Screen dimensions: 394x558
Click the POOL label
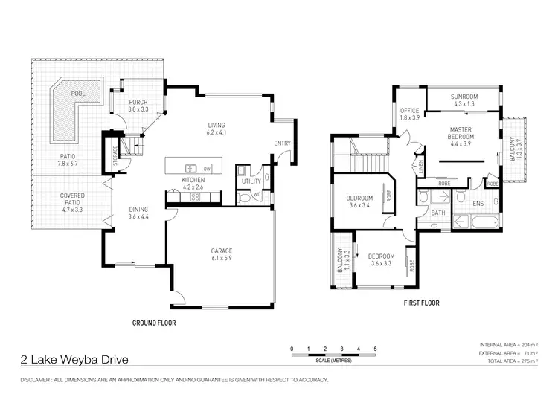point(78,94)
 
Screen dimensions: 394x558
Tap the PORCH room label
point(138,103)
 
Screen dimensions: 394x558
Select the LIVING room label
point(217,125)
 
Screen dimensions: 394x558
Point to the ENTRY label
point(283,143)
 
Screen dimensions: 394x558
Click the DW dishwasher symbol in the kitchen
point(208,167)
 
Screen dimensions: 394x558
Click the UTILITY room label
point(251,181)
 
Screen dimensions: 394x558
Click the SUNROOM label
point(464,97)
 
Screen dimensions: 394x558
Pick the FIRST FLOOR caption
point(420,303)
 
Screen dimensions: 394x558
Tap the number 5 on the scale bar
point(376,348)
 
